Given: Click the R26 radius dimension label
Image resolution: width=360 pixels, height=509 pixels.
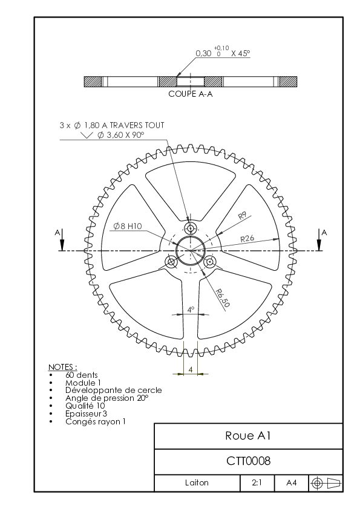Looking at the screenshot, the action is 247,239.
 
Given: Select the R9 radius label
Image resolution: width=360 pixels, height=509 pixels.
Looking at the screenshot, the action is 243,216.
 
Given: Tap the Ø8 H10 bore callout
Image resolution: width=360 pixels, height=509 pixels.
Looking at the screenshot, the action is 128,226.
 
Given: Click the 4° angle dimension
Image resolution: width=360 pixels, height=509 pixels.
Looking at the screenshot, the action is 191,310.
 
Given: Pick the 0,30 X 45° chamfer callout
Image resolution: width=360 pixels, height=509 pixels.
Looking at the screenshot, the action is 223,52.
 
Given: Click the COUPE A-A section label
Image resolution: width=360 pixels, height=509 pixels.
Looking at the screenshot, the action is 191,94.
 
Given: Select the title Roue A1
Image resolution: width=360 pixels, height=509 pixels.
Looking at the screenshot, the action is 248,436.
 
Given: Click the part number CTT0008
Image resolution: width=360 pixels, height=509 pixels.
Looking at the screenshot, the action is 248,461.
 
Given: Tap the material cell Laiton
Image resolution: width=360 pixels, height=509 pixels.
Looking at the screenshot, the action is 197,483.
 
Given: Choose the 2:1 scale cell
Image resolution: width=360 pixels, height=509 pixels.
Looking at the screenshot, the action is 257,483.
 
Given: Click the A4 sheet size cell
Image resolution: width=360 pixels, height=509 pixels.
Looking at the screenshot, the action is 292,483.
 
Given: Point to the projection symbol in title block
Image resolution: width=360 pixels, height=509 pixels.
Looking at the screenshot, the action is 326,483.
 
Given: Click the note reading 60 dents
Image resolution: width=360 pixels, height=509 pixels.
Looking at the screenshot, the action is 82,375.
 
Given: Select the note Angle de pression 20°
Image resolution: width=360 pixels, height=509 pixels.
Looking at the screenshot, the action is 107,398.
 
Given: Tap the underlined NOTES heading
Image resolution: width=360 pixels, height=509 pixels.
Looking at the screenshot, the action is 63,367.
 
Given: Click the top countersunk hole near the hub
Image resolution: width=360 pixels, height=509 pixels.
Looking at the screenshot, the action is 191,229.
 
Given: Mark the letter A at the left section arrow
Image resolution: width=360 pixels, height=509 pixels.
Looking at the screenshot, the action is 57,233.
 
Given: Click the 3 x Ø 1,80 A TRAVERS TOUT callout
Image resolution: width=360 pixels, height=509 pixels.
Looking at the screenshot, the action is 112,125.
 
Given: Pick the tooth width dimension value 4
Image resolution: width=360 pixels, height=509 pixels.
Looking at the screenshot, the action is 191,369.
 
